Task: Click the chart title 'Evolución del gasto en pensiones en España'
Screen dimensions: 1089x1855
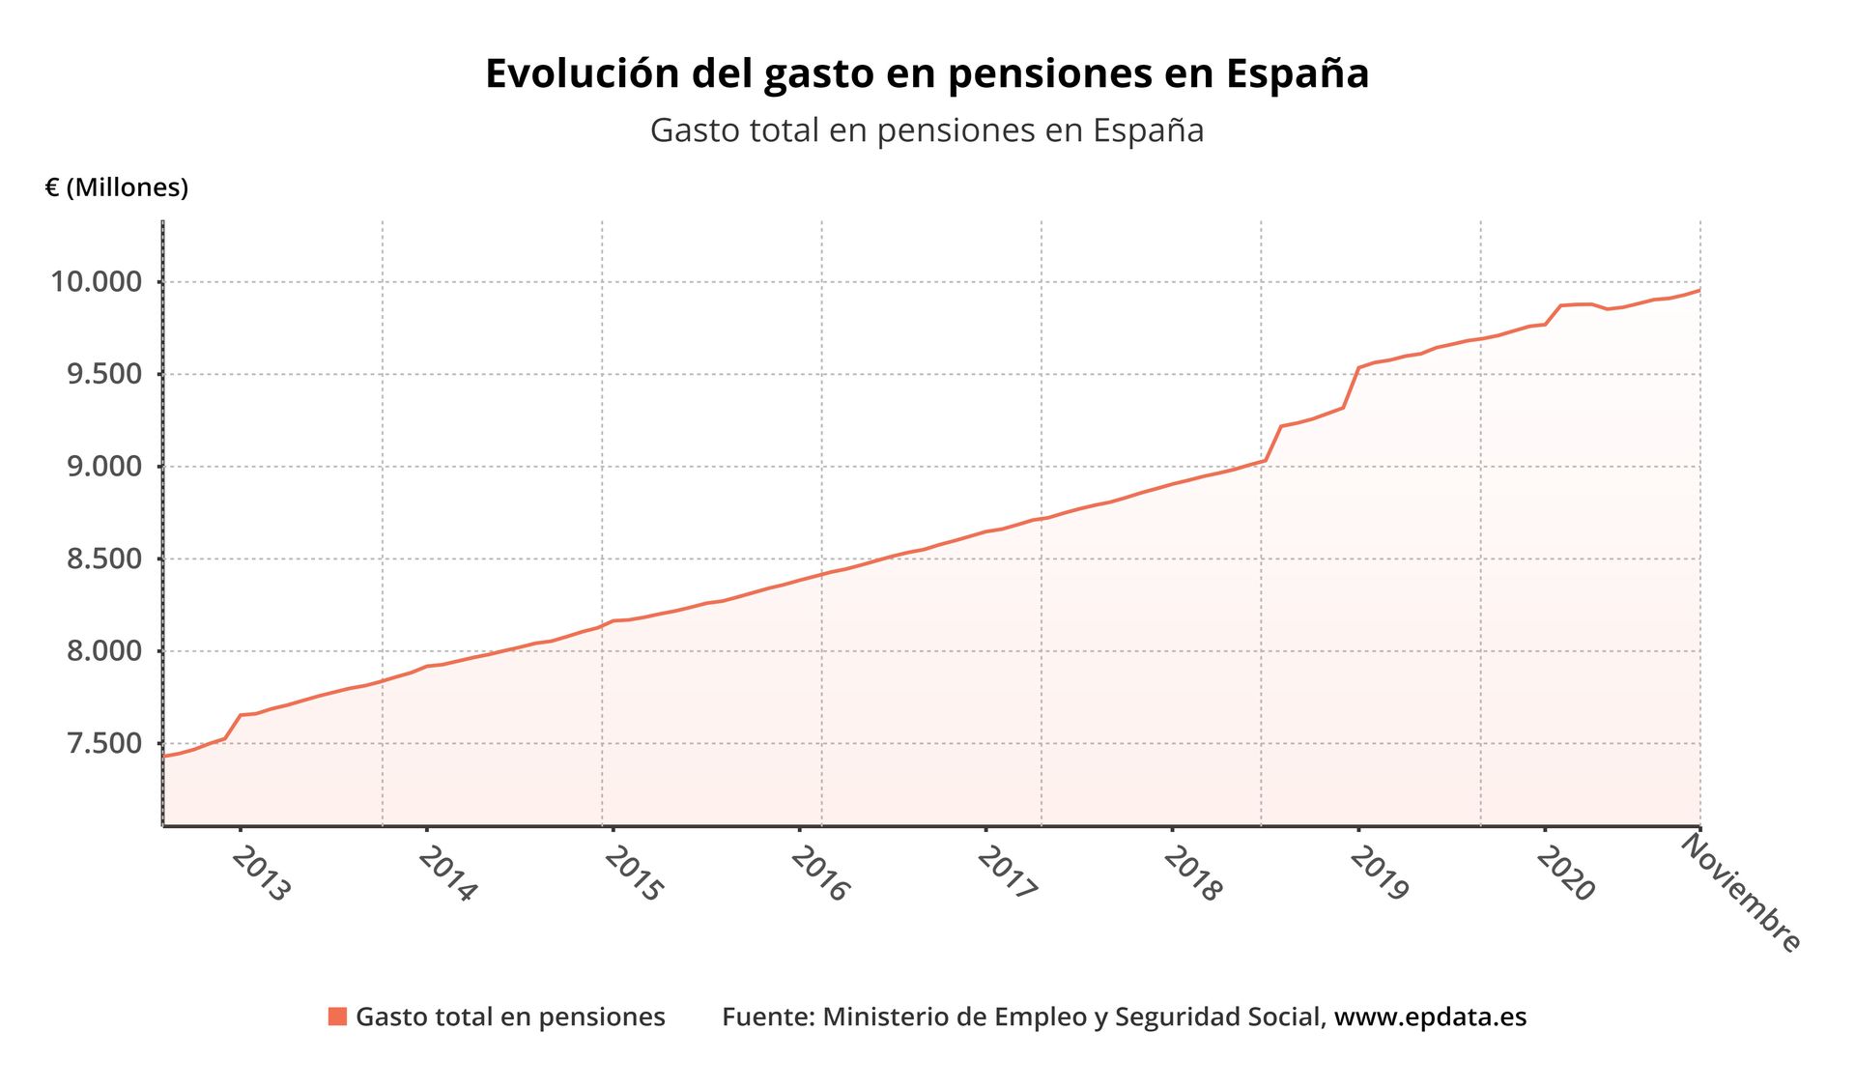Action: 927,73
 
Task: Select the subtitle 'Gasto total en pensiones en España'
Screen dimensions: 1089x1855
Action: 927,129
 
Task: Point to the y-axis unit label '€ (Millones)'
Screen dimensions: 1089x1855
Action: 116,187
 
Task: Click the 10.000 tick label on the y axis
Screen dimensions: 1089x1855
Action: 97,282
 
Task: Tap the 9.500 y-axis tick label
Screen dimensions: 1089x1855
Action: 104,374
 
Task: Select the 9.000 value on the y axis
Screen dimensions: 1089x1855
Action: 104,467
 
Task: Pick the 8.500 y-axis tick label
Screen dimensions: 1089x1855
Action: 104,559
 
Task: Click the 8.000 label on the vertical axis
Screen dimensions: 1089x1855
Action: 104,651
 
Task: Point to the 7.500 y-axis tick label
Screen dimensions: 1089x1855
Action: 104,743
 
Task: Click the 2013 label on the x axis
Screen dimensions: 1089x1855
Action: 261,874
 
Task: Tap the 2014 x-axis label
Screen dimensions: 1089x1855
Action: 447,874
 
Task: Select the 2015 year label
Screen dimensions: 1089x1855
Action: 634,874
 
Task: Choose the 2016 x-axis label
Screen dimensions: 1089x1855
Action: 820,874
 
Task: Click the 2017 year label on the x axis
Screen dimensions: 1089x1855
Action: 1007,874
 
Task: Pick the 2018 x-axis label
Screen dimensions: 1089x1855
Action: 1193,874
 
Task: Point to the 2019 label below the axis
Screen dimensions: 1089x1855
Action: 1380,874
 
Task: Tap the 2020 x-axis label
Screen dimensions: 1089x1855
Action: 1566,874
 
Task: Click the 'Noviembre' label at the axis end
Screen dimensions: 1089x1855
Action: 1741,893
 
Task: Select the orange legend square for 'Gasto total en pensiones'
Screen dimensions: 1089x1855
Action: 337,1017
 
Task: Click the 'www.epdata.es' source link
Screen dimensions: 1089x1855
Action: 1430,1017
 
